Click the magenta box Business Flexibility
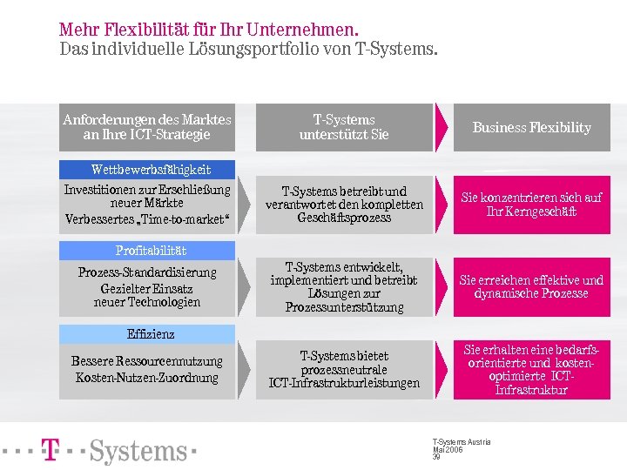click(x=530, y=127)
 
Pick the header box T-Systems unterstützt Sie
click(x=344, y=127)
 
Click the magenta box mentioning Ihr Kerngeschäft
click(x=530, y=205)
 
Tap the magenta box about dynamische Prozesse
click(x=530, y=287)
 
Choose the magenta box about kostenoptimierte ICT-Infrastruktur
click(x=530, y=370)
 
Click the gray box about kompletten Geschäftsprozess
click(x=344, y=205)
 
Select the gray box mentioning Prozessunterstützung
click(x=344, y=287)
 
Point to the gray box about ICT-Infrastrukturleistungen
click(x=344, y=370)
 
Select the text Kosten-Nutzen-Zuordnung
click(x=146, y=378)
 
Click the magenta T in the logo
click(x=51, y=450)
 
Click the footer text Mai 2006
click(x=447, y=449)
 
